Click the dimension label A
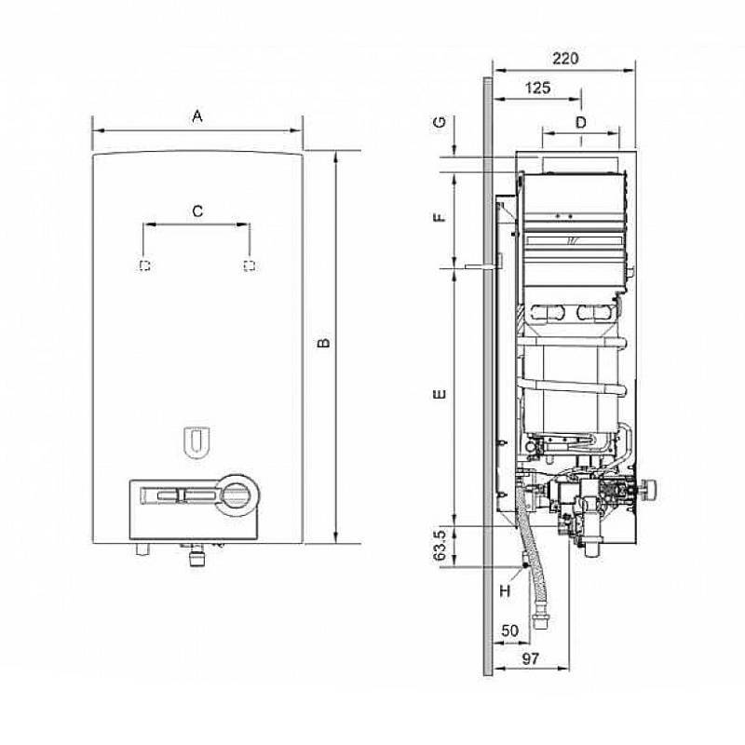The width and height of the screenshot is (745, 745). click(x=196, y=116)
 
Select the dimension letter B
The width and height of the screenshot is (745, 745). click(x=322, y=344)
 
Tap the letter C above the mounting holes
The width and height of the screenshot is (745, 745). click(x=196, y=211)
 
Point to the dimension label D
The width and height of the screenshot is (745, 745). click(x=580, y=122)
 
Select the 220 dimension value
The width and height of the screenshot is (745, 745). click(x=564, y=58)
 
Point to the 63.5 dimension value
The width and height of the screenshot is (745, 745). click(x=440, y=546)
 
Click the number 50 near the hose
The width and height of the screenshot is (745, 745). click(x=509, y=630)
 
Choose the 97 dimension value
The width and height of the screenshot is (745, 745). click(x=531, y=659)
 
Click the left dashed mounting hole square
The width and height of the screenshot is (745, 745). click(x=144, y=266)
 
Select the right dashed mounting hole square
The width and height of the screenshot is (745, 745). click(x=248, y=266)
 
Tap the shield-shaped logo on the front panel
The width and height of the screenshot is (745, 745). click(x=196, y=442)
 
